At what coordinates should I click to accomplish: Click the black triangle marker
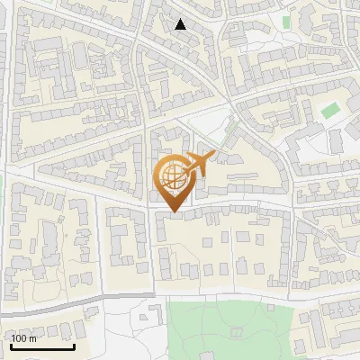[x=181, y=24]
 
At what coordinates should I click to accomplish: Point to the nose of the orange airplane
[x=215, y=155]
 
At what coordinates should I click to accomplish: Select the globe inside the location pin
[x=172, y=175]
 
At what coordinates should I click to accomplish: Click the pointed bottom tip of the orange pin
[x=172, y=211]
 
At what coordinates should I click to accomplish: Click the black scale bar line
[x=42, y=346]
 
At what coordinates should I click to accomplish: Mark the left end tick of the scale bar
[x=12, y=345]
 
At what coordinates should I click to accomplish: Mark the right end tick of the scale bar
[x=74, y=345]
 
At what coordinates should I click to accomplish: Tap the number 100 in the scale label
[x=19, y=338]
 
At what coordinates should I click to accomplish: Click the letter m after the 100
[x=32, y=339]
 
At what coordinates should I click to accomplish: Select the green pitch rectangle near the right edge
[x=331, y=111]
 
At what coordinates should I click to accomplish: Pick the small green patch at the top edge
[x=287, y=21]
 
